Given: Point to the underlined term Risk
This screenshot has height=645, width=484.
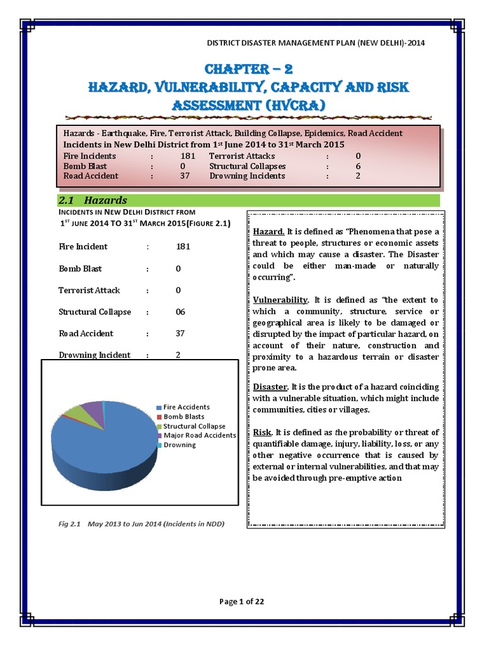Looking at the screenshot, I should [x=262, y=432].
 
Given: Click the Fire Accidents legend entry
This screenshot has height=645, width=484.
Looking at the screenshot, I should [x=187, y=408].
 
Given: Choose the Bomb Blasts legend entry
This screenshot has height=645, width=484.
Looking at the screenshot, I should [x=184, y=417].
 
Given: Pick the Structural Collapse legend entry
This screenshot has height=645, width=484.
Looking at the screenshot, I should [x=194, y=426].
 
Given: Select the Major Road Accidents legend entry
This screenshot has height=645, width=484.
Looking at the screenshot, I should [x=199, y=435].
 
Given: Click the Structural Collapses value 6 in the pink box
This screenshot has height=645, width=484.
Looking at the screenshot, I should [x=358, y=166].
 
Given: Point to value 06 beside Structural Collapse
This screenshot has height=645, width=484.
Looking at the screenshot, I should [x=180, y=312].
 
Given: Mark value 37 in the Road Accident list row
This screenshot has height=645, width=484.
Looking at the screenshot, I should [x=180, y=333].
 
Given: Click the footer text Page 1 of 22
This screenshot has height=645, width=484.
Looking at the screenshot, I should [x=241, y=602].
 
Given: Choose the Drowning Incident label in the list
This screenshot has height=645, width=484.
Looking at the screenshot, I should [x=95, y=355].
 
